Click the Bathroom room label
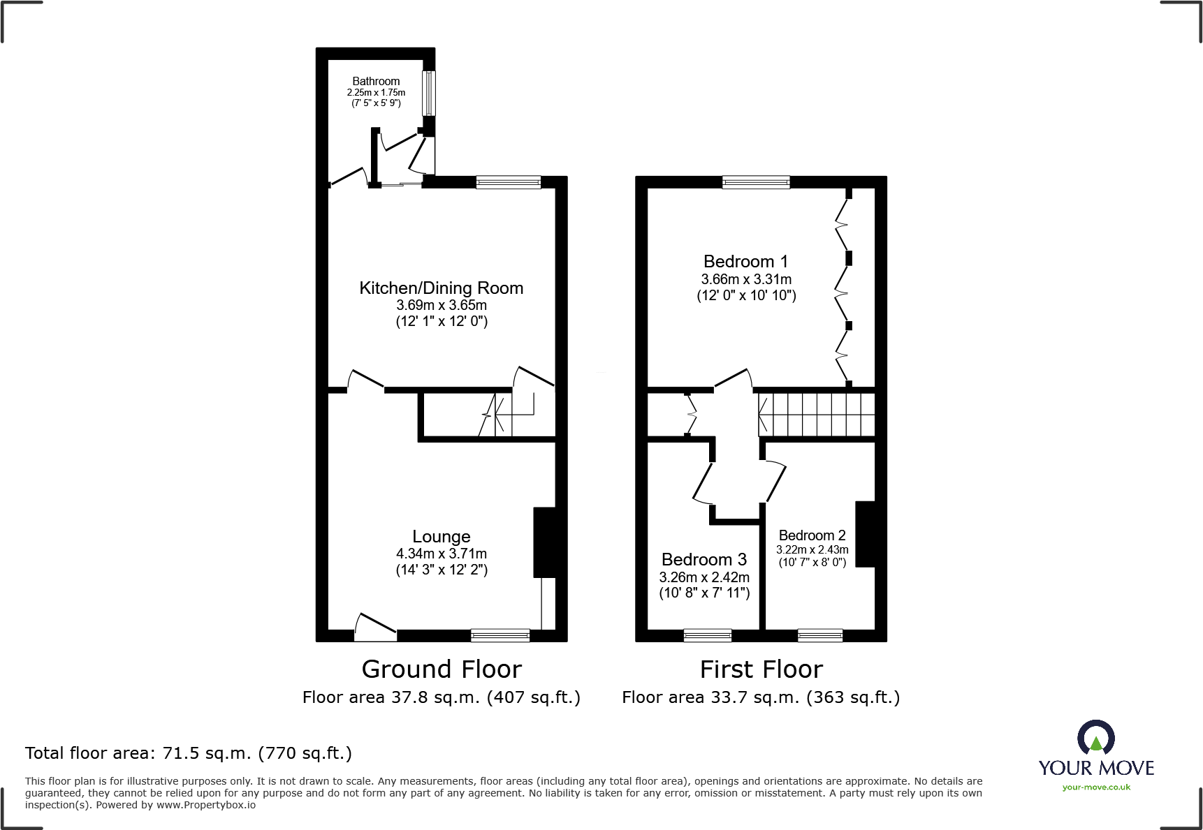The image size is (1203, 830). pos(376,82)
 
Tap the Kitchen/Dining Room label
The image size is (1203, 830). pos(441,288)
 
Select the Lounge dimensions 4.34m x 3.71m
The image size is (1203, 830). pos(441,554)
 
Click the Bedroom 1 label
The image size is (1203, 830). pos(745,262)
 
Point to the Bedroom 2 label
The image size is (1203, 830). pos(812,535)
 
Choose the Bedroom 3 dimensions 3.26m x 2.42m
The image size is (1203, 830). pos(704,577)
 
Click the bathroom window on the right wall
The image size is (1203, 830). pos(429,93)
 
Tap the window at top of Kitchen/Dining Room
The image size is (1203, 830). pos(508,182)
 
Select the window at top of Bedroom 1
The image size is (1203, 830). pos(756,182)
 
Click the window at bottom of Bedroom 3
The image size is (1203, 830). pos(707,635)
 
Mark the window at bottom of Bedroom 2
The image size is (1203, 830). pos(819,635)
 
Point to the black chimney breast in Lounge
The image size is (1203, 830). pos(545,542)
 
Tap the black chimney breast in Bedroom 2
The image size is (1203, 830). pos(865,534)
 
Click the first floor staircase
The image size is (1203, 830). pos(817,415)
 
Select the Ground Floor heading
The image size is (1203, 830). pos(442,669)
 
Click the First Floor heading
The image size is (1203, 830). pos(761,669)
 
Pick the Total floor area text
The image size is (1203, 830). pos(189,753)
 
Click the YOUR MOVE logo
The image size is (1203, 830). pos(1095,751)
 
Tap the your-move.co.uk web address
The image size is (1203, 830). pos(1095,787)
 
